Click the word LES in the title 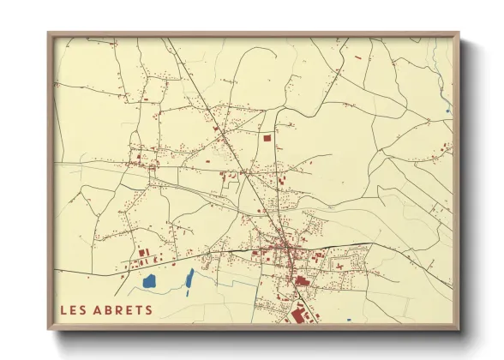coord(75,309)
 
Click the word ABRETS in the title coord(123,309)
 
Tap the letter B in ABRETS coord(111,309)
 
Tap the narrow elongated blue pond coord(189,277)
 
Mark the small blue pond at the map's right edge coord(447,110)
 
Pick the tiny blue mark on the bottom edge coord(349,321)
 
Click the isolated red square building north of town coord(267,136)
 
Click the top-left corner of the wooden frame coord(49,33)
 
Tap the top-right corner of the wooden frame coord(459,33)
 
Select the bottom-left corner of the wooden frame coord(49,329)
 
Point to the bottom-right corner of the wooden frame coord(459,329)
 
